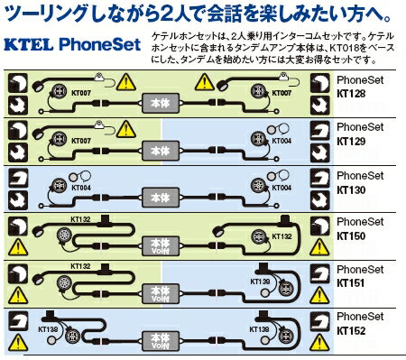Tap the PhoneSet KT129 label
(x=358, y=134)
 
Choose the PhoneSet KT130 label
(x=358, y=181)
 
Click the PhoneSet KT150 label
(x=358, y=228)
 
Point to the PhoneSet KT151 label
(x=358, y=276)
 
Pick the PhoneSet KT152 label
(x=358, y=323)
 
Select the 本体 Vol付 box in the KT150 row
(x=160, y=245)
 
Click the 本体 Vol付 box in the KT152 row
(x=160, y=340)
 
